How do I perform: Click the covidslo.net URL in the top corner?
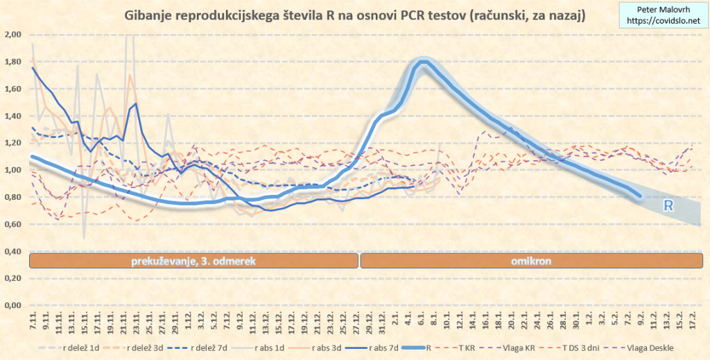point(662,22)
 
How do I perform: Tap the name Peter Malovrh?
point(662,10)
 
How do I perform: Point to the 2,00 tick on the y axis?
point(12,35)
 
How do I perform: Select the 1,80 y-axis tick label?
point(12,62)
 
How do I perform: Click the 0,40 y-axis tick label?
point(12,251)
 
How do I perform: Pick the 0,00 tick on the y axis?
point(12,305)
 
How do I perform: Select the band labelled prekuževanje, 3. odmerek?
point(194,261)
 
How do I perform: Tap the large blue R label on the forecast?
point(669,205)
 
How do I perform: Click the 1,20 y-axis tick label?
point(12,143)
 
